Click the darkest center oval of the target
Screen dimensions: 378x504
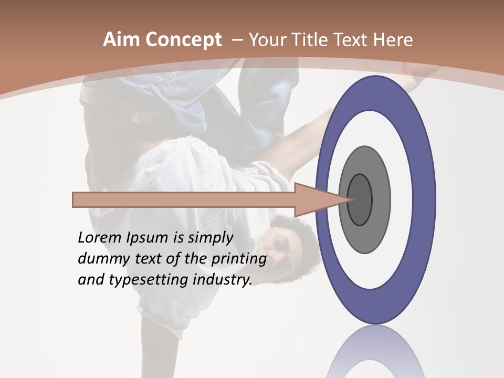[x=360, y=199]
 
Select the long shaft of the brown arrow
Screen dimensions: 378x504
[x=184, y=200]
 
